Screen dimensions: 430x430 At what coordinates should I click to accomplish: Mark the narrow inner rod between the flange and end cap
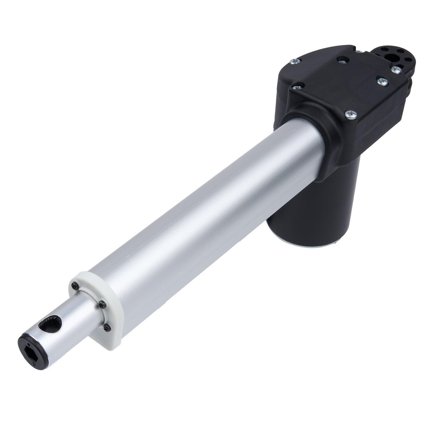tap(71, 321)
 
